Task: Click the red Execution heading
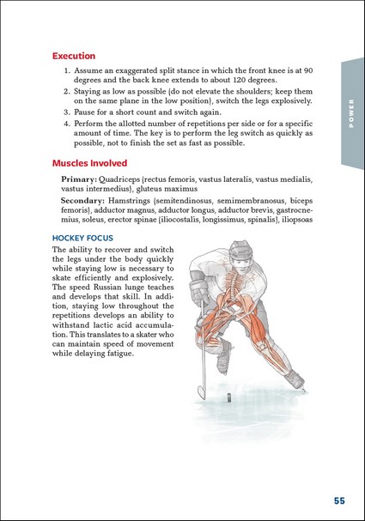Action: [x=74, y=56]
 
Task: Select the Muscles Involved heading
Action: [x=90, y=163]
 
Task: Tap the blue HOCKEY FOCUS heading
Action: [x=82, y=238]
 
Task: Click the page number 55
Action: [x=339, y=500]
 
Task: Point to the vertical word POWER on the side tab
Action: [x=351, y=113]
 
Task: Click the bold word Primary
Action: [x=79, y=179]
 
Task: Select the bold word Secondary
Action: [x=82, y=201]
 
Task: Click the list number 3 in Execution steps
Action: [x=66, y=112]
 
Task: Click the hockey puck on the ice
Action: [x=228, y=397]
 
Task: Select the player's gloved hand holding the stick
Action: [x=198, y=291]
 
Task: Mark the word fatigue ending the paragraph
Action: [x=121, y=354]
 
